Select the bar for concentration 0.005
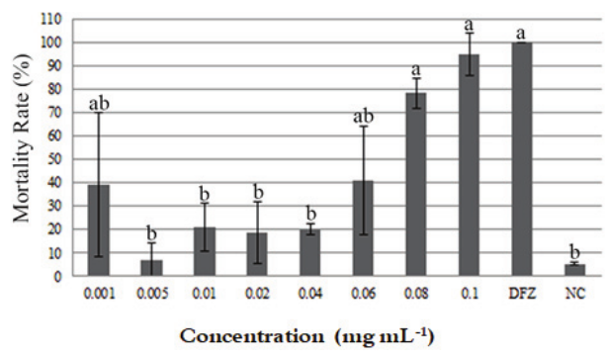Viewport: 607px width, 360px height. (151, 267)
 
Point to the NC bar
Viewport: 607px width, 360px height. (572, 269)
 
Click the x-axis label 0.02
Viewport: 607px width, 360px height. (257, 292)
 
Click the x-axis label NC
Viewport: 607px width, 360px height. (572, 292)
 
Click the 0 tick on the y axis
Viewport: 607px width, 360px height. (62, 276)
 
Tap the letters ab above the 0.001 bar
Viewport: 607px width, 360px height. (99, 103)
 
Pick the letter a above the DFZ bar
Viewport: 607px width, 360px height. (520, 34)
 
